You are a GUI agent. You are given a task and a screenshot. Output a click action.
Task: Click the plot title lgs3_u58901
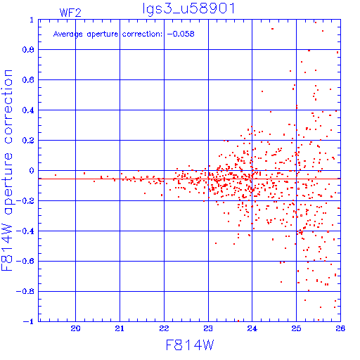pos(188,8)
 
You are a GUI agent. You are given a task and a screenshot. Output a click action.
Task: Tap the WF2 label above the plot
pos(70,13)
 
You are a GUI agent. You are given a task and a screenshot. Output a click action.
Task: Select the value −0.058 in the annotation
pos(181,34)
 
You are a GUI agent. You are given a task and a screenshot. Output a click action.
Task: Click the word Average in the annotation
pos(68,34)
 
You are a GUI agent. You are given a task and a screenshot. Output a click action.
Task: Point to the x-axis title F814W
pos(190,345)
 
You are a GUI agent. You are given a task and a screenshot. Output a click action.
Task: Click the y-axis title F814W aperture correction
pos(7,170)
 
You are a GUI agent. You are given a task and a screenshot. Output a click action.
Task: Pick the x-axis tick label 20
pos(75,328)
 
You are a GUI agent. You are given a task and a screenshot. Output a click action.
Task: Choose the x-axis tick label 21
pos(120,328)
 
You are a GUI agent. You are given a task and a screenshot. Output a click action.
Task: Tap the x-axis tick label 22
pos(164,328)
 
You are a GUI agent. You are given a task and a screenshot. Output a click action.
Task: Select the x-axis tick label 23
pos(208,328)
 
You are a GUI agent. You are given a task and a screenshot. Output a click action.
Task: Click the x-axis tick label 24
pos(252,328)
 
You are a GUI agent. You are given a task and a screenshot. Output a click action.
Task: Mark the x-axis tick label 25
pos(296,328)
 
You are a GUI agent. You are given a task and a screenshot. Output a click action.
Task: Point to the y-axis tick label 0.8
pos(28,50)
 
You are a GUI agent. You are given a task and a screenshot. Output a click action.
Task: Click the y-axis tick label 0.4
pos(28,110)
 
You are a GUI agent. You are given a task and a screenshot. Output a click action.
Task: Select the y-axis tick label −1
pos(28,321)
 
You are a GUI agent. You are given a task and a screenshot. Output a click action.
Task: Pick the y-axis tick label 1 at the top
pos(32,20)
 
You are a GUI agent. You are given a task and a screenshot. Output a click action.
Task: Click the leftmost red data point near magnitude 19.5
pos(56,175)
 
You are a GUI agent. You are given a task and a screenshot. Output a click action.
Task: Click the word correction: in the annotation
pos(142,34)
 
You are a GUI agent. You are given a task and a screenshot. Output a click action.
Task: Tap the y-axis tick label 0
pos(32,170)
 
